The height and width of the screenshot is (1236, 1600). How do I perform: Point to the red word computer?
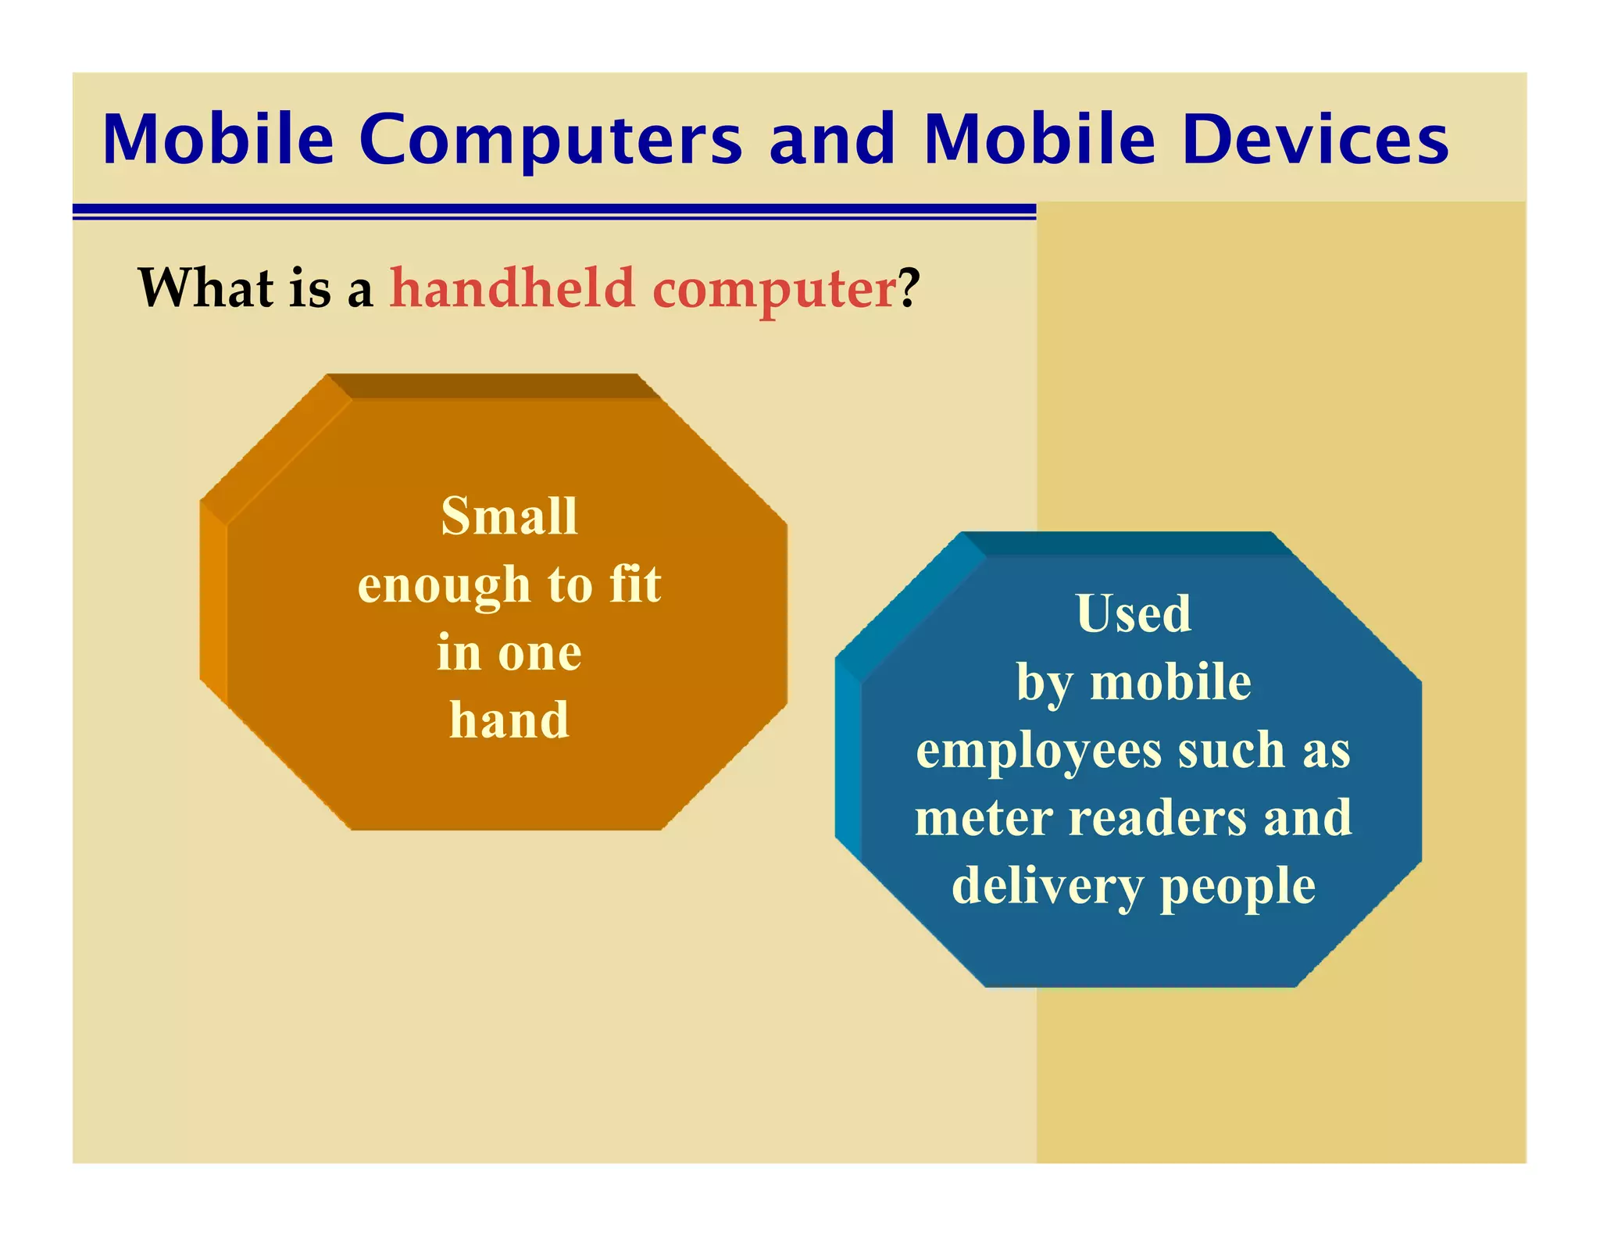tap(774, 289)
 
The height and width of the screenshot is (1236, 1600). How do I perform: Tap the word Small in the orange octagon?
tap(509, 516)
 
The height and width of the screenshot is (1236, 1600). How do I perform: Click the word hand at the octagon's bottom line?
tap(509, 720)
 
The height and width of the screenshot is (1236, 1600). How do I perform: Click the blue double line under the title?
tap(554, 211)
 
